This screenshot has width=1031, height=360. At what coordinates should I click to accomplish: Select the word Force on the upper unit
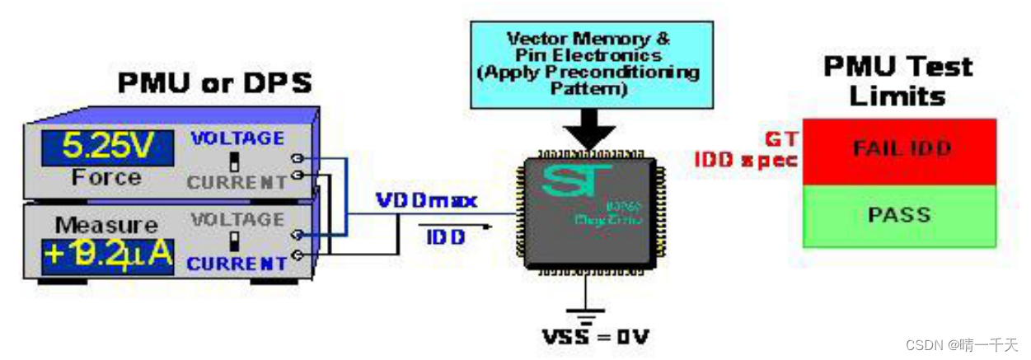click(x=106, y=178)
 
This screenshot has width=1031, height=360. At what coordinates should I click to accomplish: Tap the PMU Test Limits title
click(x=897, y=80)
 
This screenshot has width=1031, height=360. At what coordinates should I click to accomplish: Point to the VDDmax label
click(x=426, y=200)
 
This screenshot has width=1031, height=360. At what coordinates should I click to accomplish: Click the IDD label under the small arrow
click(x=446, y=238)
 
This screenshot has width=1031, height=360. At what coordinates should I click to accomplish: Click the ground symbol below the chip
click(x=586, y=314)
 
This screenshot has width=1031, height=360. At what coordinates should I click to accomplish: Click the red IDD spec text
click(x=746, y=160)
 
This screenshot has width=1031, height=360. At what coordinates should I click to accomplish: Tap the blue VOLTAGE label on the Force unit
click(x=237, y=138)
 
